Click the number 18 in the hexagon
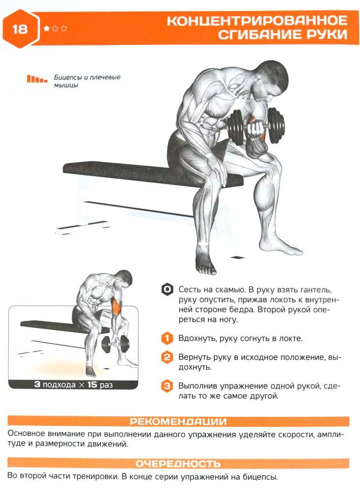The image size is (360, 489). point(20,29)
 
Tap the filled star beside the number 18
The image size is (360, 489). point(47,29)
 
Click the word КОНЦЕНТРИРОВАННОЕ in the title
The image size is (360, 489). point(257,20)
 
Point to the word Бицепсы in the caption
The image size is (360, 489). point(68,77)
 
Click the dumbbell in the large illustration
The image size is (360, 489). point(256,126)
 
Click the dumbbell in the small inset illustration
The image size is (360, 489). point(115,344)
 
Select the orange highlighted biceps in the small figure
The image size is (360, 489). point(117,304)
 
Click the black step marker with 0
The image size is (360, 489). point(167,290)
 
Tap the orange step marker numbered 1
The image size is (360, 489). point(167,338)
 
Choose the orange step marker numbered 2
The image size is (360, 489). point(167,357)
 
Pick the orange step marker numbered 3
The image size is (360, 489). point(167,386)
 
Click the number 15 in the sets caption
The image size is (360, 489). point(92,385)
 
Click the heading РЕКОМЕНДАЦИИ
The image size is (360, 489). point(178,422)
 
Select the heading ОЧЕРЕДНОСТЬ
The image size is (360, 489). point(178,464)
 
